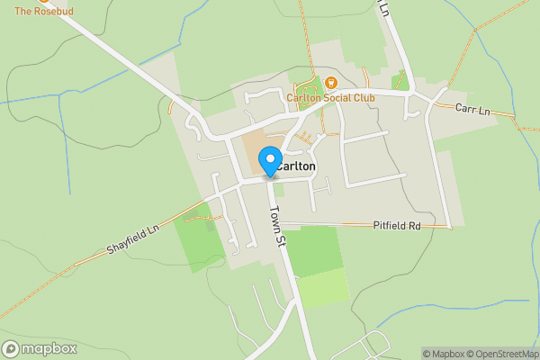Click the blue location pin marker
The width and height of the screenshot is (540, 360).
269,162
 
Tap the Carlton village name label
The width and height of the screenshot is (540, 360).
297,166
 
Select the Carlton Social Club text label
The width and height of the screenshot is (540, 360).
329,98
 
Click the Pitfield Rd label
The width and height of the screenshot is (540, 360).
397,226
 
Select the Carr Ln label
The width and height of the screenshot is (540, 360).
472,110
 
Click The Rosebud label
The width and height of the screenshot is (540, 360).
42,11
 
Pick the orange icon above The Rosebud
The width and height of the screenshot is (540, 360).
42,1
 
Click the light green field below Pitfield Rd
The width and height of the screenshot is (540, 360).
321,286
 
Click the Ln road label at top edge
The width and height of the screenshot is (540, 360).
384,9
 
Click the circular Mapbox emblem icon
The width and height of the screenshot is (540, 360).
11,349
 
